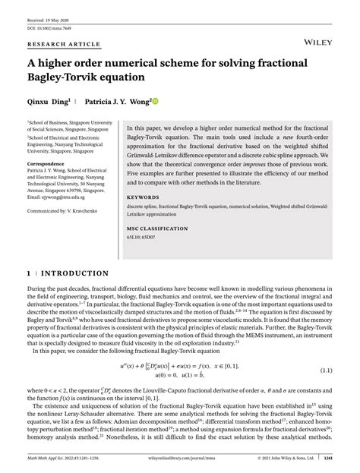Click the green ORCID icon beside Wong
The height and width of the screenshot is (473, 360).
tap(155, 99)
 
